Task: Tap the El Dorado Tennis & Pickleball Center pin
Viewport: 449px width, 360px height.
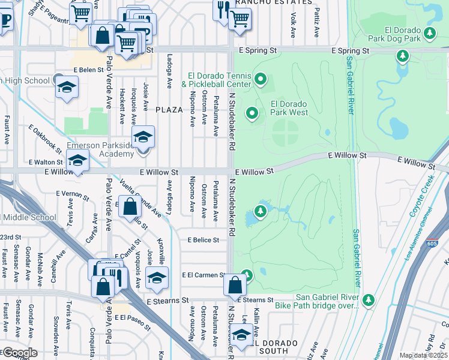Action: pyautogui.click(x=261, y=79)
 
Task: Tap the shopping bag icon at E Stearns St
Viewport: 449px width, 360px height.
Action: pyautogui.click(x=235, y=286)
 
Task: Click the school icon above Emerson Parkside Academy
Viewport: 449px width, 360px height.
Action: pyautogui.click(x=143, y=137)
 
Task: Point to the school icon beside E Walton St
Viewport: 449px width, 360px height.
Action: pyautogui.click(x=77, y=160)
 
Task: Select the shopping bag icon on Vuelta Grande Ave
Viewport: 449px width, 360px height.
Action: pyautogui.click(x=130, y=208)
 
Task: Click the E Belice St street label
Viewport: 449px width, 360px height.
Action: pyautogui.click(x=203, y=239)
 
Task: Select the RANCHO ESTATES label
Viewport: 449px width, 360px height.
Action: pyautogui.click(x=262, y=2)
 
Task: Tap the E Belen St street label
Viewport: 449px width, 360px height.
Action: pyautogui.click(x=88, y=70)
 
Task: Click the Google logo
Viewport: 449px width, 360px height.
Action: pyautogui.click(x=20, y=353)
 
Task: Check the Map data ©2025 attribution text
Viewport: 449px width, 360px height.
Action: pyautogui.click(x=423, y=355)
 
